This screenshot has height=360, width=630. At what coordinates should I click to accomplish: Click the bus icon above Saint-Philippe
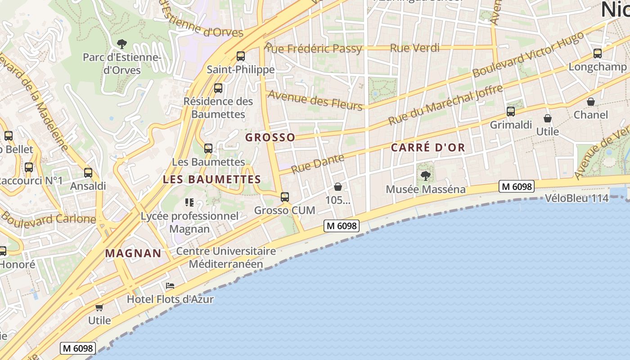pyautogui.click(x=241, y=56)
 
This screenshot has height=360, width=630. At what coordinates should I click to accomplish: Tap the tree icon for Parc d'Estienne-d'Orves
pyautogui.click(x=121, y=44)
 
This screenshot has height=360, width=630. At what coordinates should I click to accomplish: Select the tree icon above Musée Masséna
pyautogui.click(x=425, y=175)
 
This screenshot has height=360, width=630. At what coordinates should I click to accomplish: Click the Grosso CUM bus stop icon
pyautogui.click(x=284, y=197)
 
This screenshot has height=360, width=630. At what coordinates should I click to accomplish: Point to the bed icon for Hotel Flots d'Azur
pyautogui.click(x=170, y=286)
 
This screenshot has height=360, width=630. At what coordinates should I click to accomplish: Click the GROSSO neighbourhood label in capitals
pyautogui.click(x=270, y=137)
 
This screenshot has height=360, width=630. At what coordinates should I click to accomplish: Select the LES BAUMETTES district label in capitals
pyautogui.click(x=211, y=179)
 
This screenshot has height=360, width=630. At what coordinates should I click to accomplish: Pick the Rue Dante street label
pyautogui.click(x=317, y=163)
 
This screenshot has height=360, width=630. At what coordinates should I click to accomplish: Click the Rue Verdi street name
pyautogui.click(x=414, y=48)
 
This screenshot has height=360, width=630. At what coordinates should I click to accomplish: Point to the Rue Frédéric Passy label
pyautogui.click(x=314, y=48)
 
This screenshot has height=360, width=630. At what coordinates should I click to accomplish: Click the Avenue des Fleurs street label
pyautogui.click(x=315, y=100)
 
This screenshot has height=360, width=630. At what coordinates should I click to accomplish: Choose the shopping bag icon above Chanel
pyautogui.click(x=591, y=102)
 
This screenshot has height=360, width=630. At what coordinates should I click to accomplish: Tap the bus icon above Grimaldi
pyautogui.click(x=510, y=112)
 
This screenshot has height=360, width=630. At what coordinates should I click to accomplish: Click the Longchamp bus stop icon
pyautogui.click(x=598, y=54)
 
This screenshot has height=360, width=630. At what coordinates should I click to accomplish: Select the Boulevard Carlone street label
pyautogui.click(x=48, y=218)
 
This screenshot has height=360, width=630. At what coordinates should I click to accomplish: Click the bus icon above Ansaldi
pyautogui.click(x=88, y=173)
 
